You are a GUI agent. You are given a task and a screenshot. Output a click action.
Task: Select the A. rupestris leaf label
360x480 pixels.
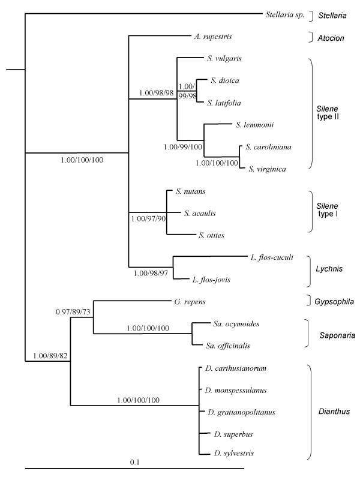pos(212,36)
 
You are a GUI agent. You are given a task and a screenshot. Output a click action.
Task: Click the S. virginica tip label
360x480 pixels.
pos(267,170)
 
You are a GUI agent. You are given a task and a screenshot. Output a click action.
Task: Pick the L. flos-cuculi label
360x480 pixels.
pos(270,257)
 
